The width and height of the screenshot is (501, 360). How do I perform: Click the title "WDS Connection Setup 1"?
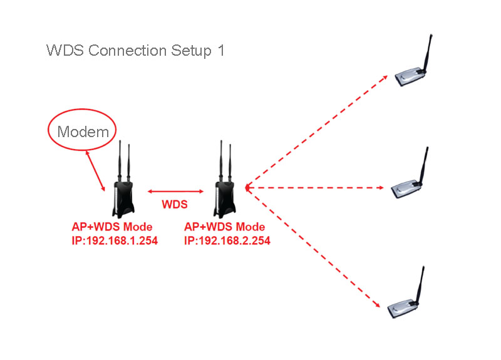[135, 51]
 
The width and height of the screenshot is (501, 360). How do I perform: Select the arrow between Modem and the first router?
[96, 170]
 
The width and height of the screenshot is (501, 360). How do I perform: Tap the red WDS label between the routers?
[175, 205]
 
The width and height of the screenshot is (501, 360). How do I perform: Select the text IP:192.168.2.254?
[227, 240]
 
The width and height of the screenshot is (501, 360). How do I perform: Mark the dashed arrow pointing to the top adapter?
[316, 131]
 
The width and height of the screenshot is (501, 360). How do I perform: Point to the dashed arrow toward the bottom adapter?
[313, 247]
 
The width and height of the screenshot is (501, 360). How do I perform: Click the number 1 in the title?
[220, 51]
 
